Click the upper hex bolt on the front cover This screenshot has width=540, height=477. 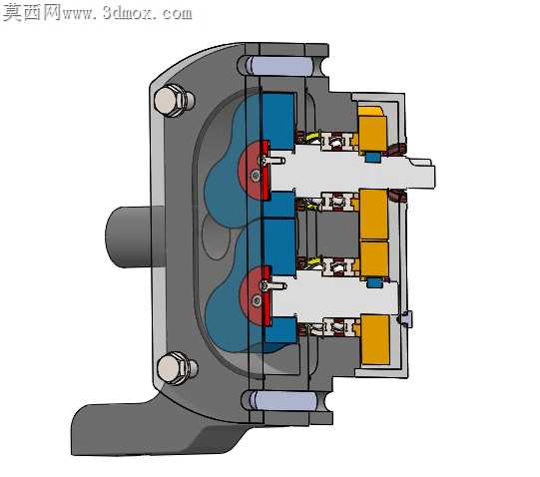coord(174,100)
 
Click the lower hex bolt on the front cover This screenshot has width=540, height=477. coord(177,368)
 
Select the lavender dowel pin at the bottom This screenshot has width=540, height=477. coord(283,400)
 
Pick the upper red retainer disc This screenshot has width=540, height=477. coord(254,170)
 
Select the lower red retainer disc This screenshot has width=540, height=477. coord(256,296)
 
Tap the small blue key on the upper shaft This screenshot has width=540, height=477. coord(373,157)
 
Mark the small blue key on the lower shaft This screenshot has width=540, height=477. coord(374,283)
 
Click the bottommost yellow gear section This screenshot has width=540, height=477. coord(375,339)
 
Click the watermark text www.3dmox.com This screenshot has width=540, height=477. coord(128,13)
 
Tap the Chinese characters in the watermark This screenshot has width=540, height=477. coord(32,12)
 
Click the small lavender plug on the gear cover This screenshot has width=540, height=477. coord(405,318)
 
